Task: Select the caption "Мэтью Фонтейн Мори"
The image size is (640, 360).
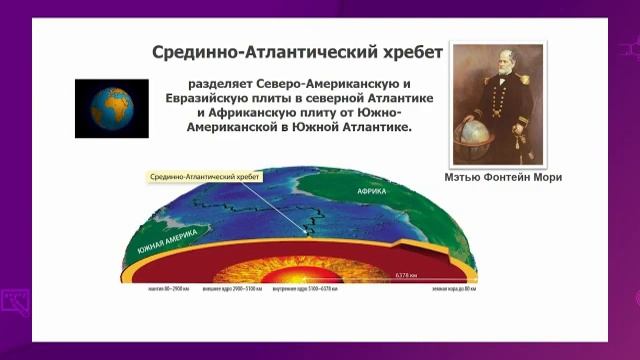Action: [x=501, y=178]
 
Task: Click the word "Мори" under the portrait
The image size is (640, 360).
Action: [x=545, y=178]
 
